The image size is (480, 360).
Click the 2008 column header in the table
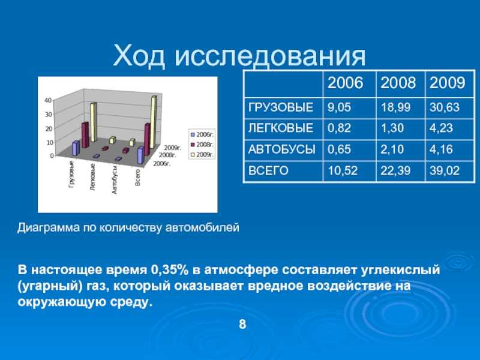[x=398, y=83]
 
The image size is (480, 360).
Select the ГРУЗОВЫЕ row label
[x=281, y=107]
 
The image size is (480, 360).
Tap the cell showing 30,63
[x=445, y=107]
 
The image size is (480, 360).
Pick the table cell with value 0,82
[x=339, y=128]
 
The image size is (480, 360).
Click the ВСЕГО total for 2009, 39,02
[x=445, y=170]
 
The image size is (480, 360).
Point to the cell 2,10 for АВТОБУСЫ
[x=392, y=149]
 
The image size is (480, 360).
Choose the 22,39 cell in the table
[x=395, y=170]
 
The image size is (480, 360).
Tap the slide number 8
[x=242, y=324]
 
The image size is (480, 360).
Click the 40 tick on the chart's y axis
[x=48, y=100]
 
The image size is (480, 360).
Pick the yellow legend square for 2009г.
[x=193, y=155]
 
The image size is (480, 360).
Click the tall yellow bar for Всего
[x=153, y=122]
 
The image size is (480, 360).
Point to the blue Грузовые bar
[x=76, y=148]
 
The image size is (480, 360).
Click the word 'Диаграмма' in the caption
[x=48, y=228]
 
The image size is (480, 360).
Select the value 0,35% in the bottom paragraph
[x=169, y=270]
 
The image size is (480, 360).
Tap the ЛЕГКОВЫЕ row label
[x=281, y=128]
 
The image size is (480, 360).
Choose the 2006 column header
[x=346, y=83]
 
